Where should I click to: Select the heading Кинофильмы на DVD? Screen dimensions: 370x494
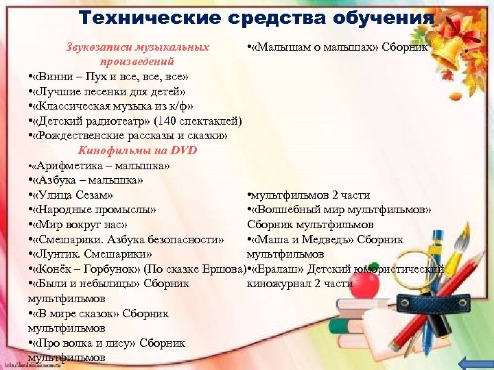click(x=138, y=151)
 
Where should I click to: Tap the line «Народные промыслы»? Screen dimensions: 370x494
click(x=92, y=210)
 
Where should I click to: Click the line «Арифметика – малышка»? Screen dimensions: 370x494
click(x=100, y=166)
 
